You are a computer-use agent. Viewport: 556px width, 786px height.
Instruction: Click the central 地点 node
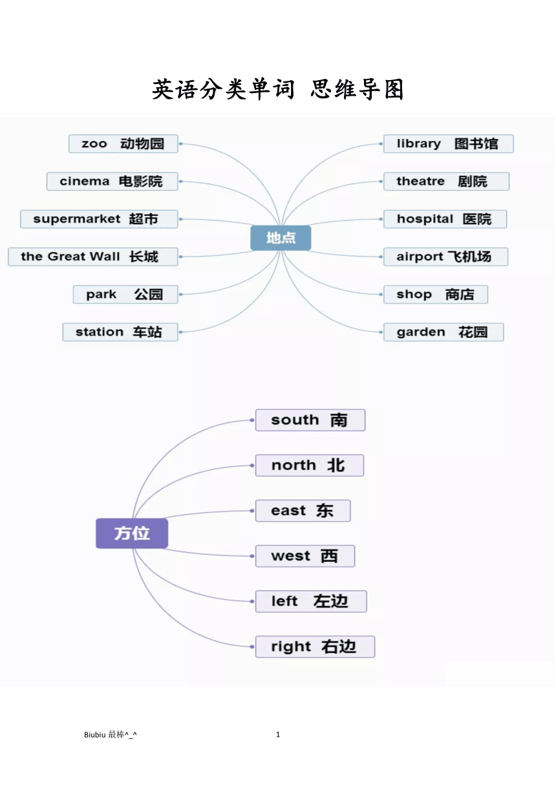(281, 238)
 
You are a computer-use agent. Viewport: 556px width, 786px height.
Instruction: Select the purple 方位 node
(132, 533)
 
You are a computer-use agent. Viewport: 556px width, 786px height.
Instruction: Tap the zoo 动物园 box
(123, 143)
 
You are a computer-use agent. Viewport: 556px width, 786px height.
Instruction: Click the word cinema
(84, 181)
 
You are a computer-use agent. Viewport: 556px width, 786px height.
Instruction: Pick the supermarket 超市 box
(99, 219)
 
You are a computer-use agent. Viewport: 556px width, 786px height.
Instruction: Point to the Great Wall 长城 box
(93, 257)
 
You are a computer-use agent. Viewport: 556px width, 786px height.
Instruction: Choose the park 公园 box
(125, 294)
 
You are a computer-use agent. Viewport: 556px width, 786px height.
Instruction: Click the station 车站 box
(120, 332)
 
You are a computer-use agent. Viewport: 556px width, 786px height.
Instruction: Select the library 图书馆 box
(449, 143)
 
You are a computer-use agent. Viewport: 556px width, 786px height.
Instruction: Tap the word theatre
(420, 181)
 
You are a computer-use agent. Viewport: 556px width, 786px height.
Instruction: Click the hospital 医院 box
(445, 219)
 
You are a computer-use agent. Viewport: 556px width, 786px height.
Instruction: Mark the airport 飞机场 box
(446, 257)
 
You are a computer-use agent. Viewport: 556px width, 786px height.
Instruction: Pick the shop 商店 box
(436, 294)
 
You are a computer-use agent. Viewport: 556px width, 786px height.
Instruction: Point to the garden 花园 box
(444, 332)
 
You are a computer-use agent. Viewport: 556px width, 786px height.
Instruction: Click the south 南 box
(310, 420)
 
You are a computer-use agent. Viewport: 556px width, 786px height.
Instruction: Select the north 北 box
(310, 465)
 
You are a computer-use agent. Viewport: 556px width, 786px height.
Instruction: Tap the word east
(288, 511)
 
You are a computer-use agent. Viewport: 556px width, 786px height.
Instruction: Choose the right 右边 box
(315, 646)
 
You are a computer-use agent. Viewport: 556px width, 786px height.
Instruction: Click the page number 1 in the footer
(278, 734)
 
